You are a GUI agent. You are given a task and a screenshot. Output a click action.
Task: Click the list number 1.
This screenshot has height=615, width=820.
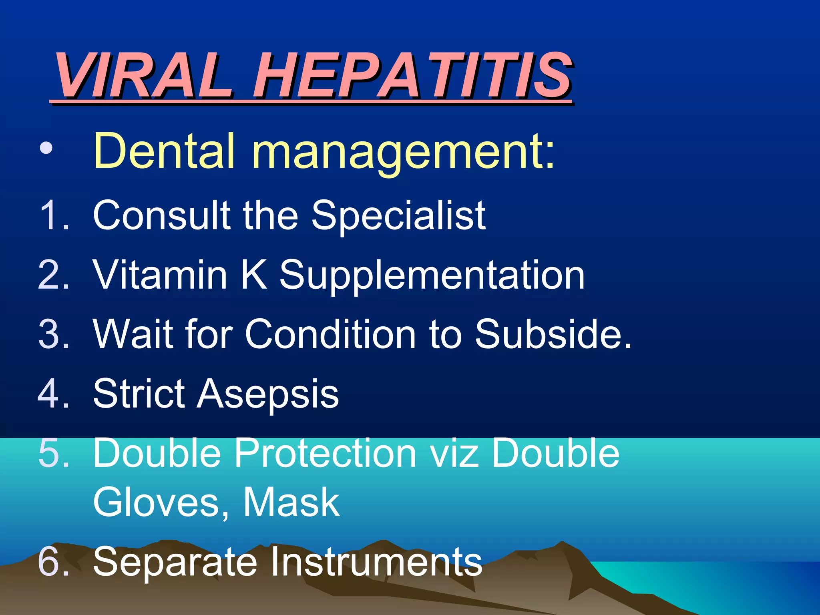[x=54, y=215]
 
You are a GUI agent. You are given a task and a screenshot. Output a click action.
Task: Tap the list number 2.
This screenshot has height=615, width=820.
[x=54, y=275]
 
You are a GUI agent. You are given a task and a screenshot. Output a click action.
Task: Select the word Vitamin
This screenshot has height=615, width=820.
[x=160, y=275]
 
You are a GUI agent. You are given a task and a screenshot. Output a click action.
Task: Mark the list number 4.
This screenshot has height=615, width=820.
[x=54, y=393]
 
